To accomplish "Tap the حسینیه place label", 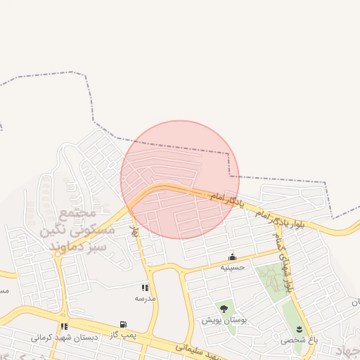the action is (x=232, y=268).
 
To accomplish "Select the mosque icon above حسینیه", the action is (x=232, y=257).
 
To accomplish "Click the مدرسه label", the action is (x=145, y=298).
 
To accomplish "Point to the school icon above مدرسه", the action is (x=145, y=288).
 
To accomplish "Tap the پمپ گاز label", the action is (x=123, y=335).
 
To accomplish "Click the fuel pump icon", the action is (x=124, y=325).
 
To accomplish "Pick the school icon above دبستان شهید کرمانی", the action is (x=65, y=327).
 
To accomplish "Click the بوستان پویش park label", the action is (x=223, y=320).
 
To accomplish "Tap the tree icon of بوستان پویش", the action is (x=224, y=309).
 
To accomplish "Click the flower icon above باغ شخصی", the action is (x=300, y=329).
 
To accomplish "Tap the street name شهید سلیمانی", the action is (x=197, y=349).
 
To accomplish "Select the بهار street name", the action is (x=134, y=231).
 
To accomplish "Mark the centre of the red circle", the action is (x=180, y=179).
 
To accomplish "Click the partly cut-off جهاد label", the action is (x=347, y=351).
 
